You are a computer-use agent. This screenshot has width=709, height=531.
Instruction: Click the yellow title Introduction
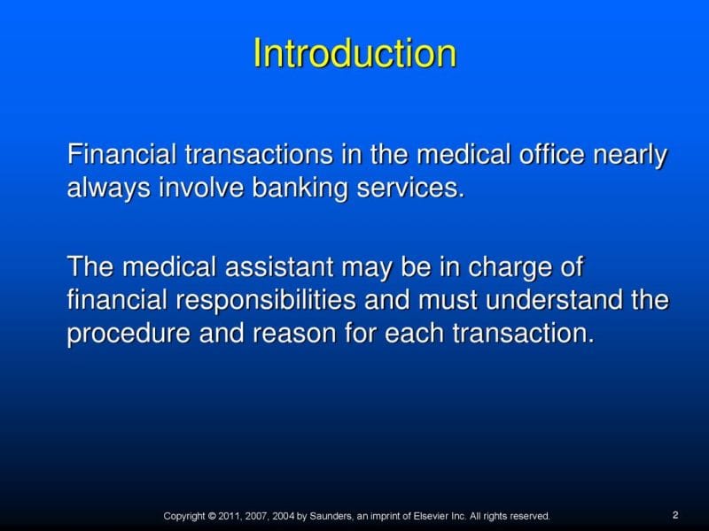click(354, 53)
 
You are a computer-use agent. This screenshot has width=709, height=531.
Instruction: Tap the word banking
click(300, 188)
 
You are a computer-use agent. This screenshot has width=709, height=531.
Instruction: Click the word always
click(108, 188)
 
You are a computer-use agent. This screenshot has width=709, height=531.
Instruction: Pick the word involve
click(201, 187)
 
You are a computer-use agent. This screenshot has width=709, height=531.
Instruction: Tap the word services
click(410, 188)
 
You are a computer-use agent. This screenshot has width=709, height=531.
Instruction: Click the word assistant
click(279, 266)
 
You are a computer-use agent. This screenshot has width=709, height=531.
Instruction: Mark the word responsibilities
click(265, 300)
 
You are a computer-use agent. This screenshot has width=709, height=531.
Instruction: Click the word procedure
click(129, 334)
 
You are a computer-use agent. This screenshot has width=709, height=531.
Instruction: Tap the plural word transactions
click(259, 154)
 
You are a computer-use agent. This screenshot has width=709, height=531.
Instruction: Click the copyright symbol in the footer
click(212, 516)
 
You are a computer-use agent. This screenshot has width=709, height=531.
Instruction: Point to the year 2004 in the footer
click(283, 516)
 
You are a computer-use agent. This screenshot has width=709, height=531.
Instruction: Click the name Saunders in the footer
click(331, 516)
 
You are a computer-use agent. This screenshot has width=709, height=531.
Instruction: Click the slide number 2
click(675, 515)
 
